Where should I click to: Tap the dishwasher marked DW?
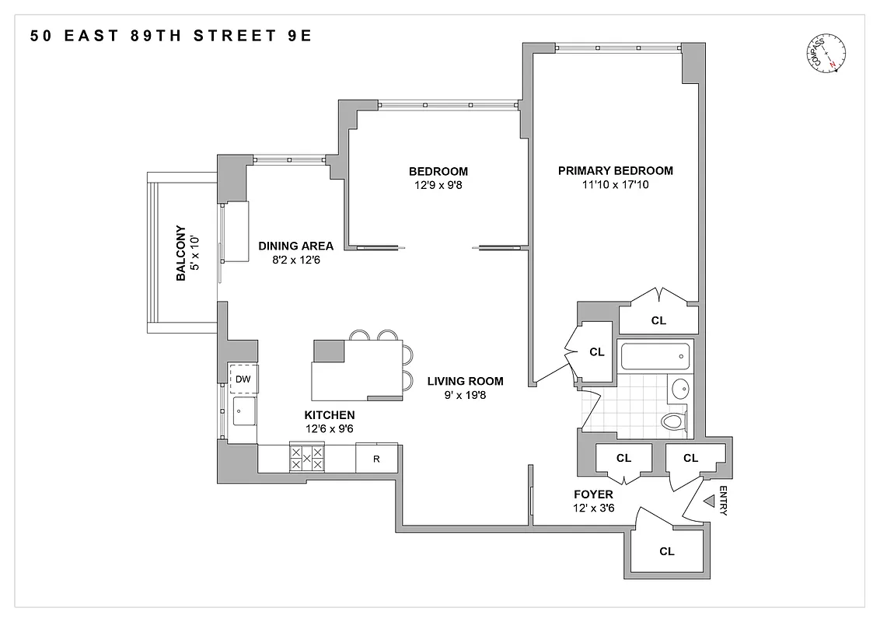(243, 379)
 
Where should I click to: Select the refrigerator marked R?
(376, 458)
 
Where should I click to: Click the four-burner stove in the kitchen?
(306, 458)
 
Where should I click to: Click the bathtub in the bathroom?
(655, 357)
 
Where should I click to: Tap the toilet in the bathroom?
(673, 421)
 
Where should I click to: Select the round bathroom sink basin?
(679, 388)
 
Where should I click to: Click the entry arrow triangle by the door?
(708, 503)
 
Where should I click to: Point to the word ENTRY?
(723, 501)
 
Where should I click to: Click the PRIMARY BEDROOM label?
(616, 171)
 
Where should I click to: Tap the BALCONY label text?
(180, 253)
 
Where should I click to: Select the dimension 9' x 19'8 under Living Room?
(465, 395)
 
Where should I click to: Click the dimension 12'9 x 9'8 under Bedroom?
(438, 185)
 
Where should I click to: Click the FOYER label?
(593, 494)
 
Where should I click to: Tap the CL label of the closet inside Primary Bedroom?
(658, 320)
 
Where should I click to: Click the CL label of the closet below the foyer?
(666, 551)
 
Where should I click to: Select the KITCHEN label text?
(330, 415)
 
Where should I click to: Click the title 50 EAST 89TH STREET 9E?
(171, 36)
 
